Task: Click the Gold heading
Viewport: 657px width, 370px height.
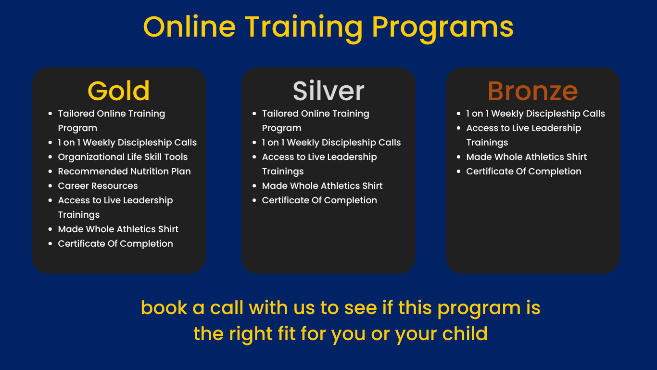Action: pos(118,91)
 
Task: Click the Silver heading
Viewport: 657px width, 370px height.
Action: pos(328,91)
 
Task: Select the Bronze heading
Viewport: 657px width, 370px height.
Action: pos(532,91)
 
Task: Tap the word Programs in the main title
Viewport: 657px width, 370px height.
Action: pos(442,28)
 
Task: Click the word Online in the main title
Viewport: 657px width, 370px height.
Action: pos(189,26)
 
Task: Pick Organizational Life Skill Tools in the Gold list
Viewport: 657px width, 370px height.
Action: pos(123,157)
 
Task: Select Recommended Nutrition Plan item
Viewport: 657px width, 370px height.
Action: pos(125,172)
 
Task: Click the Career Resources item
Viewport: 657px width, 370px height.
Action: pos(98,186)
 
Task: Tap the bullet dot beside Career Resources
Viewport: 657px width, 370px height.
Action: pos(50,186)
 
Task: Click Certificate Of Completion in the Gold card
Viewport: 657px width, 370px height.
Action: pos(115,244)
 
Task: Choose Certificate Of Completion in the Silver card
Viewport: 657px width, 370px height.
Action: pos(319,200)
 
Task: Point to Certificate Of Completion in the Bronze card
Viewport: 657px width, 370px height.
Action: pos(524,172)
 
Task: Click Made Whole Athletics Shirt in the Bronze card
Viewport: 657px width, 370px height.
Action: pos(527,157)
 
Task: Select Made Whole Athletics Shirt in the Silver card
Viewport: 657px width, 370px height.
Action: pos(322,186)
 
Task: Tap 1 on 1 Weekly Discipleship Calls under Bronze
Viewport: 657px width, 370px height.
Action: pos(536,114)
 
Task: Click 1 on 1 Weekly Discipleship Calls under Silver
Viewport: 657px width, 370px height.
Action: pos(331,143)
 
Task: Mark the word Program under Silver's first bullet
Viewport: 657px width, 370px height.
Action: pos(281,129)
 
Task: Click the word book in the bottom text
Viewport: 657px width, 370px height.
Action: pos(164,308)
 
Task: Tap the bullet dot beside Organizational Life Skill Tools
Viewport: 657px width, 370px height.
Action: pos(50,157)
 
